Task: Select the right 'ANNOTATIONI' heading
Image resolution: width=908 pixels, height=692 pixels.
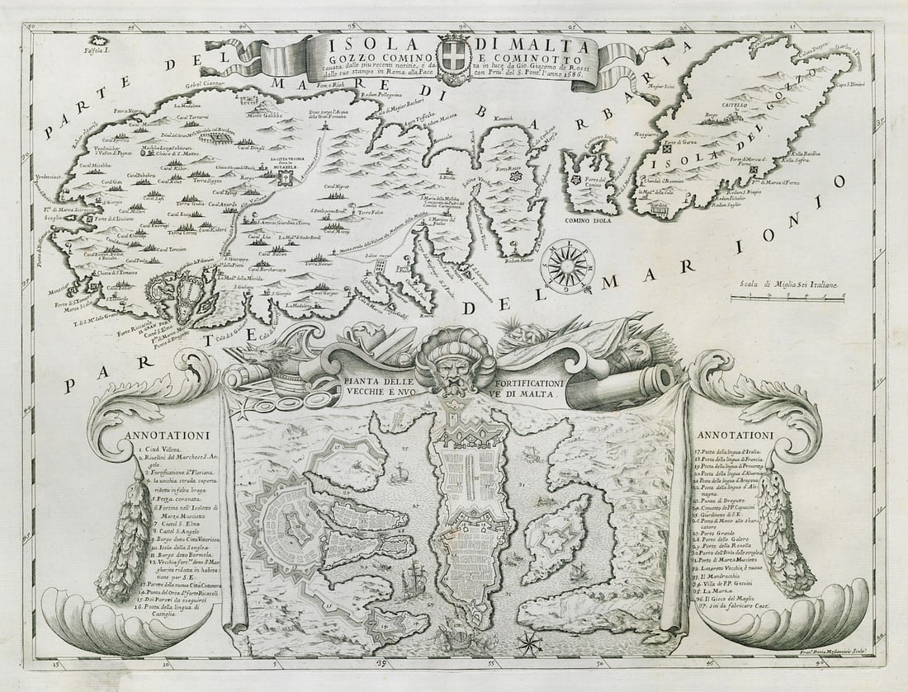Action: pos(735,435)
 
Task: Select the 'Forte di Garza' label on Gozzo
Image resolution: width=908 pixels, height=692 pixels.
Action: pos(678,150)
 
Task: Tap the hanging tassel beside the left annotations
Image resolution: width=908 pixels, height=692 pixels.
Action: pos(129,537)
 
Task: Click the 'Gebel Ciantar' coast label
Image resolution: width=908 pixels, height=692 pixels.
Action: pos(182,84)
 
